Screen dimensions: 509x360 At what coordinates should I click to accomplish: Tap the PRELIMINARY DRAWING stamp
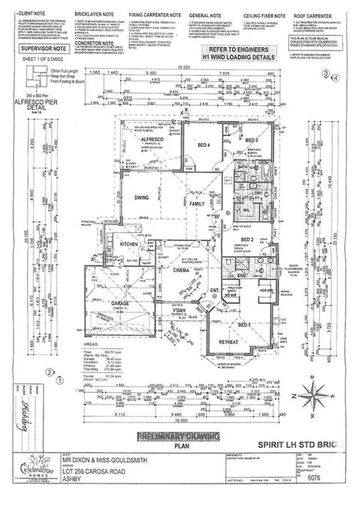click(x=179, y=436)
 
